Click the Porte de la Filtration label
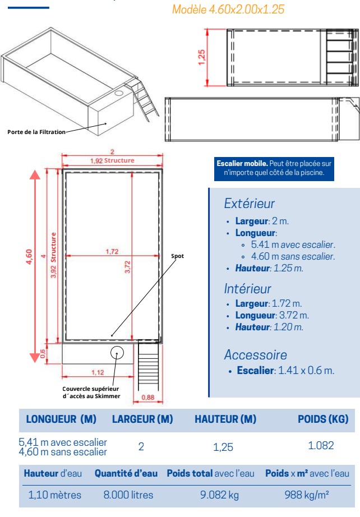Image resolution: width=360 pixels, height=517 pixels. [x=36, y=132]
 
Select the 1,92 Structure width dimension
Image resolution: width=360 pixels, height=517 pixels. [x=112, y=161]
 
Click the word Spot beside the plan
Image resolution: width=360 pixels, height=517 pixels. [x=177, y=256]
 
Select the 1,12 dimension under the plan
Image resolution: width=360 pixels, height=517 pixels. [x=98, y=372]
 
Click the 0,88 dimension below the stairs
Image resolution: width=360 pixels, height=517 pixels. [x=148, y=398]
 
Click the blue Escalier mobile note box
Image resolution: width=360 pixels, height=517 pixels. [x=274, y=168]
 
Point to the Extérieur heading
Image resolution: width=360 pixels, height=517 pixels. [x=249, y=204]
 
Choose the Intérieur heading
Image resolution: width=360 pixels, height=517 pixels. [x=247, y=289]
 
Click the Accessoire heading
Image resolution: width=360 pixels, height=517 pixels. [x=255, y=354]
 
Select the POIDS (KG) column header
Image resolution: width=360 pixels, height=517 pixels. [x=322, y=419]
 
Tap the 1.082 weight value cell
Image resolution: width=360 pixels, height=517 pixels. [x=321, y=446]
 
